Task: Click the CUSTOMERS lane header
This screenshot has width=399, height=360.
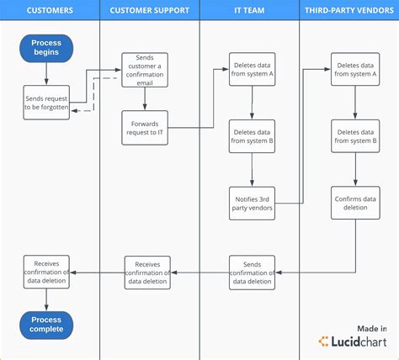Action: (x=50, y=11)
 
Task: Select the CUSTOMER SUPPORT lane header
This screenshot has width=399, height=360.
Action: (x=149, y=11)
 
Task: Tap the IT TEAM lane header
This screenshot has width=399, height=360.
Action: (x=249, y=11)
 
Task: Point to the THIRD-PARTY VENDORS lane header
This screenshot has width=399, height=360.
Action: (x=349, y=11)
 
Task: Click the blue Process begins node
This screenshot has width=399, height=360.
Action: (x=46, y=48)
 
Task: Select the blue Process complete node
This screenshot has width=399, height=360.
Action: (x=46, y=325)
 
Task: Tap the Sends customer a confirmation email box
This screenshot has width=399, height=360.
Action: (x=146, y=70)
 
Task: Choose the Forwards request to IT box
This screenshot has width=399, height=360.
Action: (x=146, y=127)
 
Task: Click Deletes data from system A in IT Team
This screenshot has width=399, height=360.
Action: (x=253, y=70)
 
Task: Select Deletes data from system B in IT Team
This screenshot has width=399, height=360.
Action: (x=253, y=136)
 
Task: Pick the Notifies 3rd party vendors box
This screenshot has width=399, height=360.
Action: (x=253, y=204)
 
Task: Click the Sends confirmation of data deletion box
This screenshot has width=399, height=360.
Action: (x=253, y=272)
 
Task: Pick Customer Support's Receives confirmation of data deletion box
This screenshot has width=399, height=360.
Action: (x=147, y=272)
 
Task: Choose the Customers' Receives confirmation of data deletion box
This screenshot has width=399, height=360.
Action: (x=46, y=272)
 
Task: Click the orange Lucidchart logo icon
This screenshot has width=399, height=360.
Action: (x=324, y=341)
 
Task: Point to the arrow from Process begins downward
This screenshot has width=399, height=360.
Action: (x=46, y=74)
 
